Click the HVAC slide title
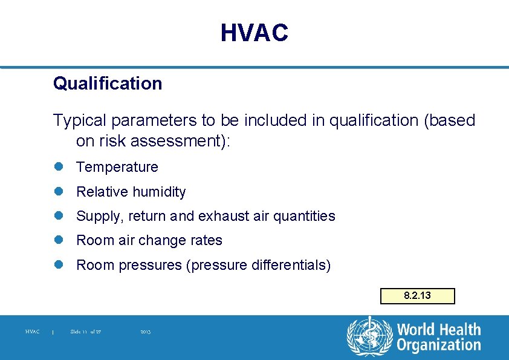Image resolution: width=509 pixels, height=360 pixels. (x=254, y=33)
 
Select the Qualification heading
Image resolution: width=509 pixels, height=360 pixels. (x=108, y=83)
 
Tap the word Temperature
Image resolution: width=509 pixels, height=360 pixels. (x=117, y=167)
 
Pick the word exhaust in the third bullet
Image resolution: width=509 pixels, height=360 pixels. (x=225, y=216)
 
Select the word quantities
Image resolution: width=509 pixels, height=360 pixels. (x=303, y=216)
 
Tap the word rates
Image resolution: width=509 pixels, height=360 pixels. (x=206, y=240)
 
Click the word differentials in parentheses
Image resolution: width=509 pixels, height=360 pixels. (x=292, y=265)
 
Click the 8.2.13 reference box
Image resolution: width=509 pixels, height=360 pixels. (x=417, y=296)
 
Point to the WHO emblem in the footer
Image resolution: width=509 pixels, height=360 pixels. (x=369, y=337)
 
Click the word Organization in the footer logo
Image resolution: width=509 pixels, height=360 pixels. (x=439, y=345)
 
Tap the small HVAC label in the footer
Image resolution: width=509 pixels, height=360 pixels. (x=33, y=332)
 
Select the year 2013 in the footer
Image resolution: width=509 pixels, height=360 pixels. (x=145, y=332)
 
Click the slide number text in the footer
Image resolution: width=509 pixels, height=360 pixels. (x=85, y=332)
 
